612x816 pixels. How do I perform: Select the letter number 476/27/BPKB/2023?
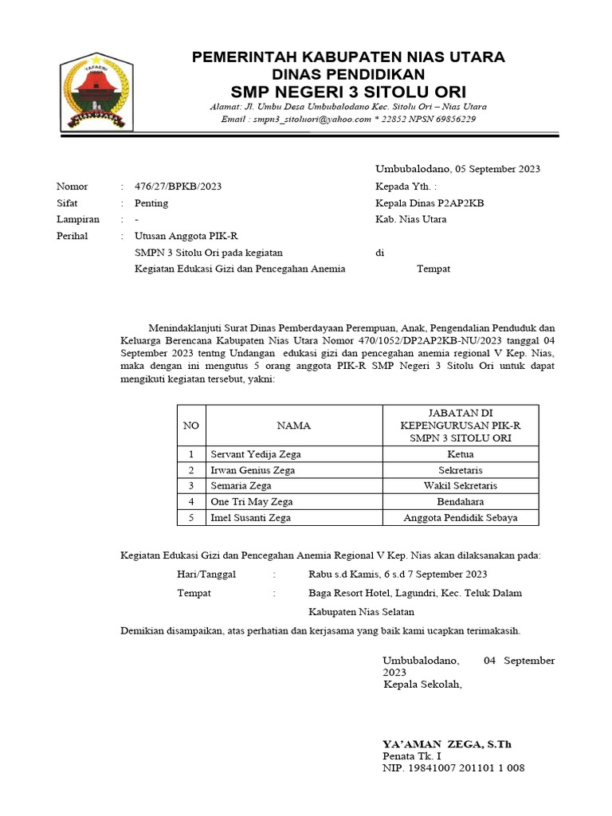click(x=178, y=186)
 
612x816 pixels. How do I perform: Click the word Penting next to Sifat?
click(x=151, y=203)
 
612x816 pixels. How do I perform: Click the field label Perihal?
click(x=73, y=236)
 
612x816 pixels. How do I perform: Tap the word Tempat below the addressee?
click(x=433, y=269)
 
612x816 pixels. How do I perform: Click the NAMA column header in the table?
click(x=294, y=426)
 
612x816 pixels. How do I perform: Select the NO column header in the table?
click(x=191, y=426)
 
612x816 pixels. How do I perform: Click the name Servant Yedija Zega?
click(x=256, y=454)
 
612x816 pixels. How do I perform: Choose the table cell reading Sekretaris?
click(x=461, y=470)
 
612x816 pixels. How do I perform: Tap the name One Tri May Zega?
click(x=252, y=502)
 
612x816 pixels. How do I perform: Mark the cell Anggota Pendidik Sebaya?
click(x=461, y=518)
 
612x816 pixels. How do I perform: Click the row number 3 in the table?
click(x=191, y=486)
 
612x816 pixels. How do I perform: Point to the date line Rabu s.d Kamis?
click(x=398, y=574)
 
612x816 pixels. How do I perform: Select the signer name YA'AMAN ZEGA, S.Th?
click(x=447, y=744)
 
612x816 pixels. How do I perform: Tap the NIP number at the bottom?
click(x=453, y=768)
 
